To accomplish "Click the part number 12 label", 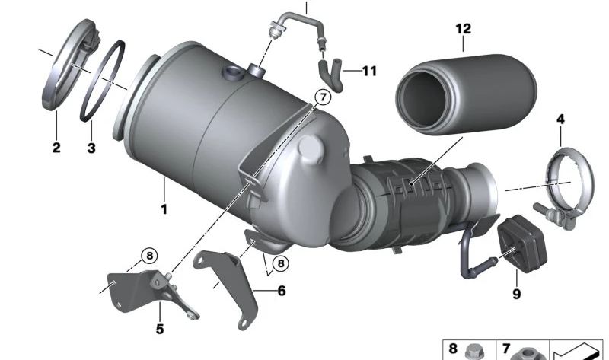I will tap(464, 30).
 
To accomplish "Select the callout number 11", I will tap(369, 72).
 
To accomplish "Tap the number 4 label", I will tap(560, 119).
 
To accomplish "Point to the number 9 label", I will tap(517, 293).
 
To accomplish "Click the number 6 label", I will tap(281, 291).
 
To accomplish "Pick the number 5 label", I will tap(160, 330).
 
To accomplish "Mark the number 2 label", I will tap(56, 148).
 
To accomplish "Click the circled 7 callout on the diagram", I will tap(321, 97).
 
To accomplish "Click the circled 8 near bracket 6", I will tap(281, 263).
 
